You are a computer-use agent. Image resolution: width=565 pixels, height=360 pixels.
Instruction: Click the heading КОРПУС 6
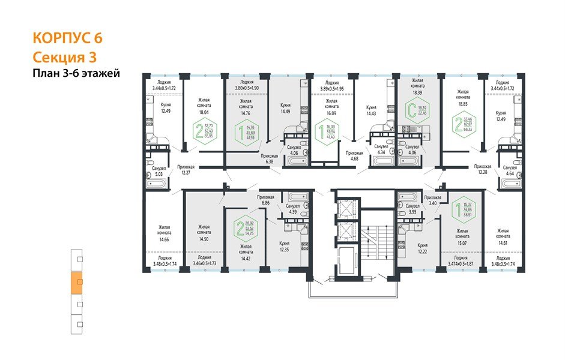pos(67,38)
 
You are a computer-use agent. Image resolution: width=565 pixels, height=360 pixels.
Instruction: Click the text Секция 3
pos(64,57)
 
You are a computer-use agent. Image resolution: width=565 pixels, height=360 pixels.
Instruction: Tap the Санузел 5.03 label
pos(159,172)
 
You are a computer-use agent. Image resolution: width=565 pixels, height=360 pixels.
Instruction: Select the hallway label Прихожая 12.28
pos(483,169)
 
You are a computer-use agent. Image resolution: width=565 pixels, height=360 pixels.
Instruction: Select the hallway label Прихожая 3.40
pos(432,201)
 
